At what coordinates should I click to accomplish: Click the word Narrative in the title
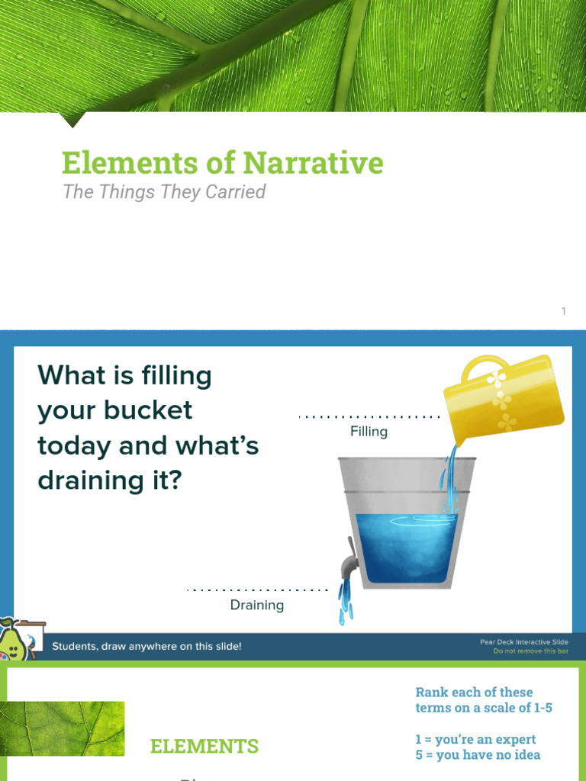click(x=314, y=163)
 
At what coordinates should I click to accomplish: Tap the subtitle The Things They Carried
click(x=164, y=191)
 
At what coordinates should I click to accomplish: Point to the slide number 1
click(x=564, y=311)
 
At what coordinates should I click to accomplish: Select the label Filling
click(x=369, y=432)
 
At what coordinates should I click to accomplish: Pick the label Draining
click(x=257, y=605)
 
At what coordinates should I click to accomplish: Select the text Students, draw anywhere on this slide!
click(x=146, y=647)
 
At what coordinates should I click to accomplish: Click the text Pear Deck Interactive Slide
click(x=523, y=642)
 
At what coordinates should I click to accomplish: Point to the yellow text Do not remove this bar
click(x=530, y=651)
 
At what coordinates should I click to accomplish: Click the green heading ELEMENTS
click(x=204, y=746)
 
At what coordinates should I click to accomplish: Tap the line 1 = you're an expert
click(x=475, y=739)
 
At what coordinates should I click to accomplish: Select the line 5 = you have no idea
click(x=478, y=754)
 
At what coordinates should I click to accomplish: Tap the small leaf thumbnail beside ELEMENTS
click(x=63, y=728)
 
